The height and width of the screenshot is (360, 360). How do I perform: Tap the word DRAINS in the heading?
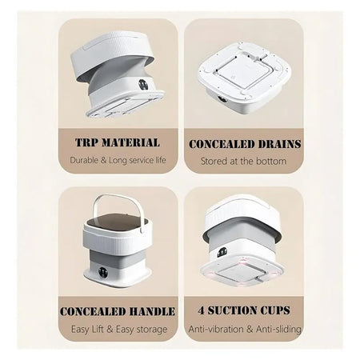click(276, 144)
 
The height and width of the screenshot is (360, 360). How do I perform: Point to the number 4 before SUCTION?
click(201, 310)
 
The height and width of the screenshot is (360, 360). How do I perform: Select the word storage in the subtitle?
click(152, 330)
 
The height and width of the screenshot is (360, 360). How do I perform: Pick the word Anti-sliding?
click(278, 329)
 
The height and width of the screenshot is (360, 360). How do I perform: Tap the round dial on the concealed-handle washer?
click(102, 272)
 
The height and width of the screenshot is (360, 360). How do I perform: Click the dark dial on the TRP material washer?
click(143, 84)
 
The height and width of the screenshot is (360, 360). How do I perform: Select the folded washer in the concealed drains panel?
click(244, 77)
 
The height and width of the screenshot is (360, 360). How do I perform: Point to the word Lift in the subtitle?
click(98, 329)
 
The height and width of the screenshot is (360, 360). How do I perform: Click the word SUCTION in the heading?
click(233, 310)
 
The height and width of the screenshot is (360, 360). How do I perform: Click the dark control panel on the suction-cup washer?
click(221, 252)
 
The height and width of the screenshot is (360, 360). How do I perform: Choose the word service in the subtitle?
click(141, 160)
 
